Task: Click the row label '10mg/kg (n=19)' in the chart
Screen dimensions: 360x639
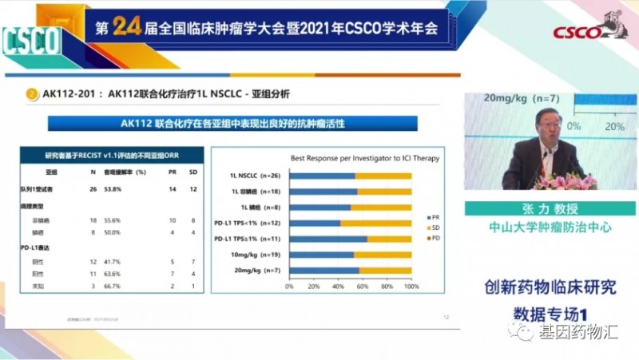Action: click(x=258, y=255)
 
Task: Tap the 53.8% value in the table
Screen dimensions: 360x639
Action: click(x=112, y=189)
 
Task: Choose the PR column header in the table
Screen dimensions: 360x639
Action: click(x=173, y=172)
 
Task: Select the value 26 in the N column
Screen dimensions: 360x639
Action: click(x=93, y=189)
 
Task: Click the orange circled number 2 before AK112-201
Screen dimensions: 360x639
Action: click(x=32, y=94)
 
